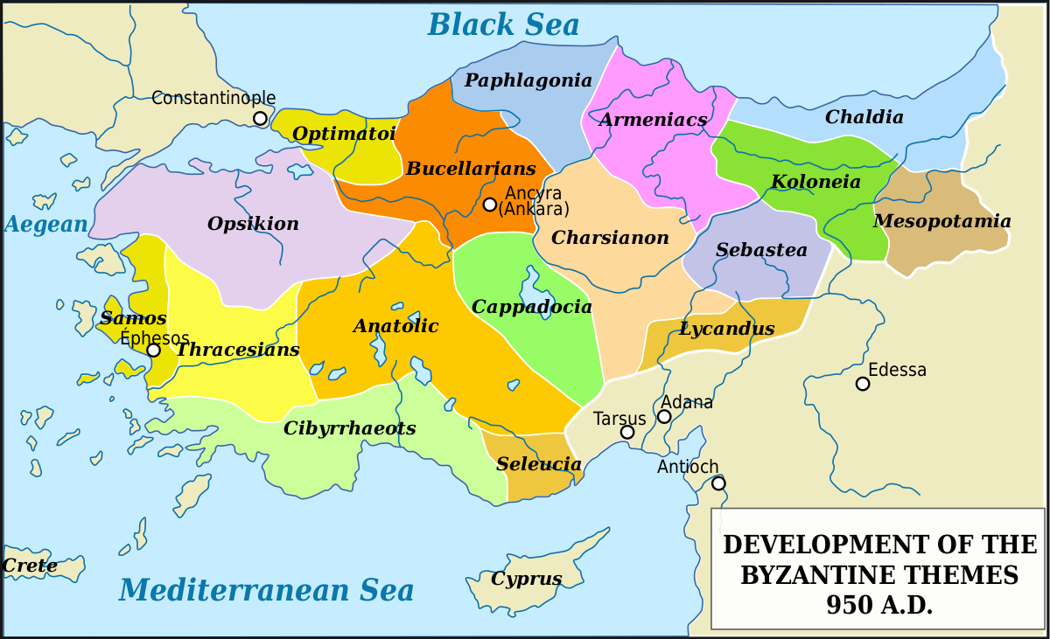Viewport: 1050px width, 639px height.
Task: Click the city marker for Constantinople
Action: coord(260,118)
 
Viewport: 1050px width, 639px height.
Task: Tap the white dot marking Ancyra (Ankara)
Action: coord(490,205)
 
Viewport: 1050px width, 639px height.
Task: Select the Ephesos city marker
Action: coord(153,351)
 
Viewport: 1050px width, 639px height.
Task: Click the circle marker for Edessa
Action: coord(863,384)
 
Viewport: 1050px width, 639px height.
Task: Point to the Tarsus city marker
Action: coord(627,432)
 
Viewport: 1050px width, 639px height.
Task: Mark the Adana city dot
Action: coord(664,416)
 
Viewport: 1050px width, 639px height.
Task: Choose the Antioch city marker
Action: coord(718,483)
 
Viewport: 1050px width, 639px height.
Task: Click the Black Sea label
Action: coord(503,24)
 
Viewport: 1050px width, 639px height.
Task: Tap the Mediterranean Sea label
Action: coord(266,591)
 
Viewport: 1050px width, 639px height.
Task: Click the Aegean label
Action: coord(46,225)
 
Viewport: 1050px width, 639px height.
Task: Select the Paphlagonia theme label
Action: coord(528,80)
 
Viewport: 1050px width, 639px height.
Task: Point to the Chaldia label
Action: coord(864,117)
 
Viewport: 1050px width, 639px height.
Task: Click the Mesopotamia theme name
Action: coord(941,221)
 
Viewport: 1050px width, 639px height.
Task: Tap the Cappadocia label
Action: coord(531,307)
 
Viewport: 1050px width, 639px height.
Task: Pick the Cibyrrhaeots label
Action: coord(349,428)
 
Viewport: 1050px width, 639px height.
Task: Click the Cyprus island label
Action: coord(526,579)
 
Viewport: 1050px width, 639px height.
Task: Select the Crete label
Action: coord(30,566)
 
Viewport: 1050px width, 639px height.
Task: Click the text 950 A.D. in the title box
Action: coord(879,605)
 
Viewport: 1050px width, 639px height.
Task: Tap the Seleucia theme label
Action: coord(539,464)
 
